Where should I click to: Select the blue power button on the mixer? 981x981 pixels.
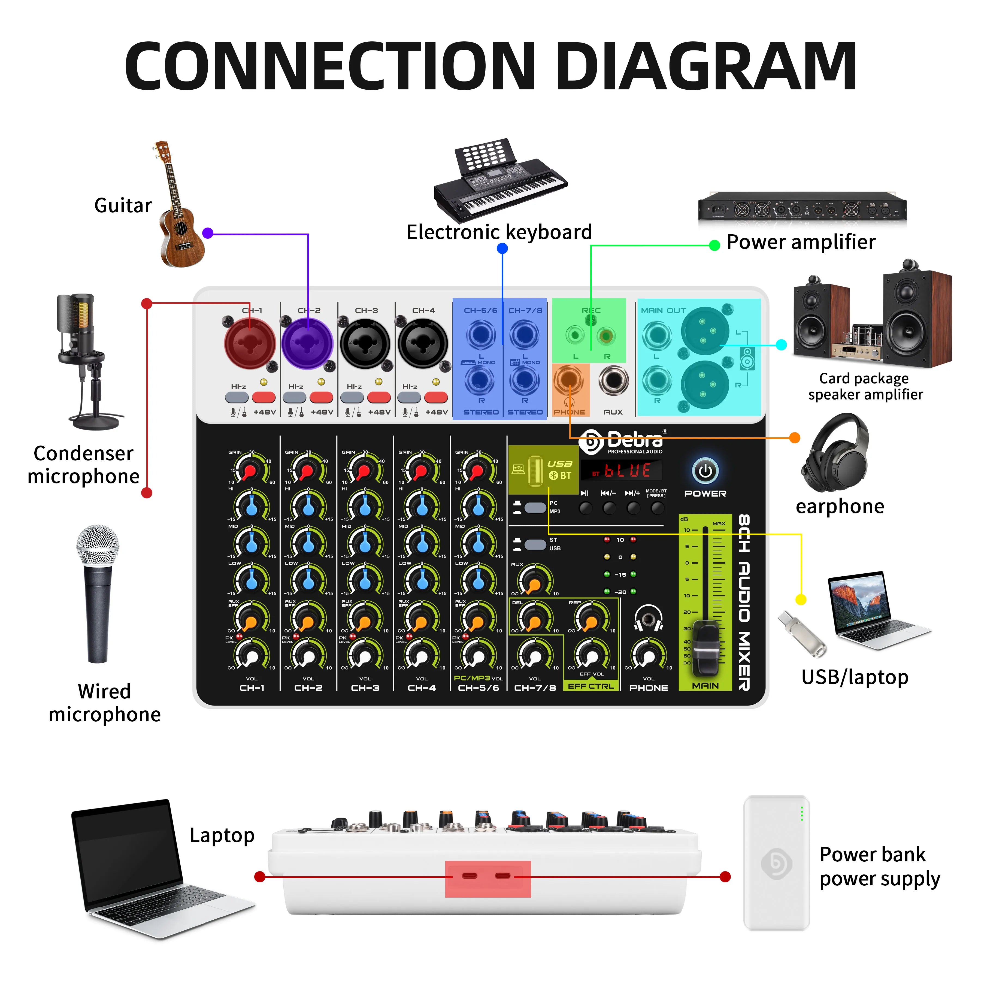(x=705, y=471)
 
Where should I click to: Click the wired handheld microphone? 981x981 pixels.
(x=98, y=594)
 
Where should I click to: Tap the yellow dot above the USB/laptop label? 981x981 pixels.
(x=801, y=600)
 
